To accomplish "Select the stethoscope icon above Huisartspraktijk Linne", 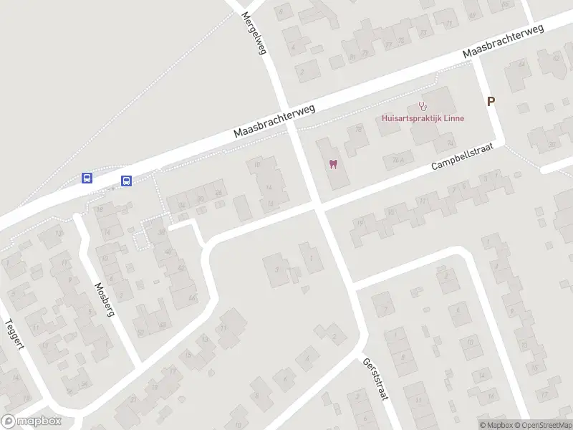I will (x=423, y=106).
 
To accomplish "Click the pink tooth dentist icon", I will (x=332, y=165).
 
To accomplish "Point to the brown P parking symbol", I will (x=491, y=102).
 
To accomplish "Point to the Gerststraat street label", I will (x=375, y=379).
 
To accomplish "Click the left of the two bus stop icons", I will (x=87, y=178).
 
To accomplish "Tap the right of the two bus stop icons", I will (x=126, y=181).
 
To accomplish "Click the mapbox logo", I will (x=32, y=421).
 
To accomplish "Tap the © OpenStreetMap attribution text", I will (x=543, y=425).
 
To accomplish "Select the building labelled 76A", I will (x=407, y=159).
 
